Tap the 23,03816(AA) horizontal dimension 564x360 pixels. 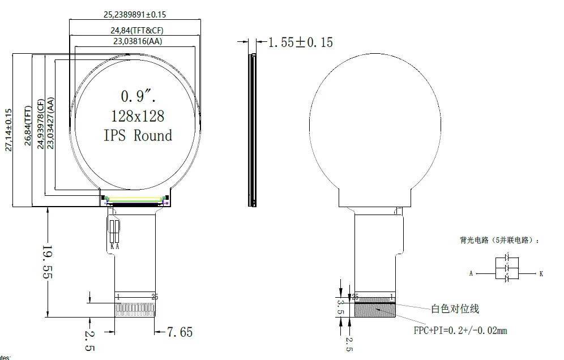point(135,41)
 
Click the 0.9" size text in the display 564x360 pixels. point(138,95)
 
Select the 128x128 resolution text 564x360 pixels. point(138,115)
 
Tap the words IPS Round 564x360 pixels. point(138,136)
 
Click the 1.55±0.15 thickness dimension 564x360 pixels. point(300,42)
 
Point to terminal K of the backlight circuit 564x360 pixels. point(541,273)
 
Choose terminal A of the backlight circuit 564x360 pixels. point(471,273)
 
